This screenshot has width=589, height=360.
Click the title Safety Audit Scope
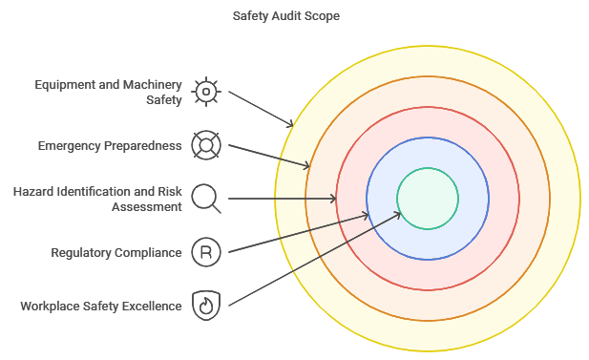point(285,16)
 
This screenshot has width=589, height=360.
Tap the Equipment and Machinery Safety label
point(108,92)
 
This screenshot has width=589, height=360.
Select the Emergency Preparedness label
point(109,146)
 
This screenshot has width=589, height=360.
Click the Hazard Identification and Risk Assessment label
point(96,199)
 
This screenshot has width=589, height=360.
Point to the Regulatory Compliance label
point(116,253)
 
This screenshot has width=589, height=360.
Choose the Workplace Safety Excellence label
point(100,307)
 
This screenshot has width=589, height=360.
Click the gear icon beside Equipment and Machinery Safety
point(205,92)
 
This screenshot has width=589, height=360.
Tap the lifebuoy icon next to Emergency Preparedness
point(205,146)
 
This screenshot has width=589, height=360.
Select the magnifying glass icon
point(206,199)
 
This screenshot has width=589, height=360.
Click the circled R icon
point(205,253)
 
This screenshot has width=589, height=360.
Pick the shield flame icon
point(205,306)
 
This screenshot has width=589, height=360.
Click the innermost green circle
point(428,199)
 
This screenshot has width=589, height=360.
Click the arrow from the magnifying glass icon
point(282,199)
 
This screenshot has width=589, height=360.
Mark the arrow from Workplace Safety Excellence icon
point(315,258)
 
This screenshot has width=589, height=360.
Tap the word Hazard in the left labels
point(35,192)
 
